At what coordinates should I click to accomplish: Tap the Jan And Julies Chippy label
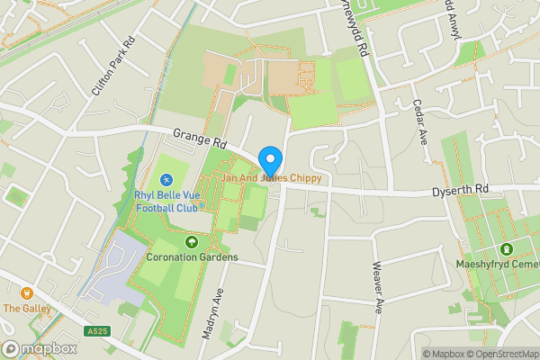(271, 178)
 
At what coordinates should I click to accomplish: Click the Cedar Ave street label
(419, 121)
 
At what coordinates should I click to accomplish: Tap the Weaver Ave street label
(379, 287)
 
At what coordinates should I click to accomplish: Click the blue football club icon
(166, 182)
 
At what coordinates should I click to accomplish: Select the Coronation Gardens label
(192, 256)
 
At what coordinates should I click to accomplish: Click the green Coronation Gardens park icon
(191, 241)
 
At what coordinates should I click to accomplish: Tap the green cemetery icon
(507, 248)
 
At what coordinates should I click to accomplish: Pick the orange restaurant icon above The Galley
(26, 293)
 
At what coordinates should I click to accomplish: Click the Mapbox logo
(39, 348)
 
